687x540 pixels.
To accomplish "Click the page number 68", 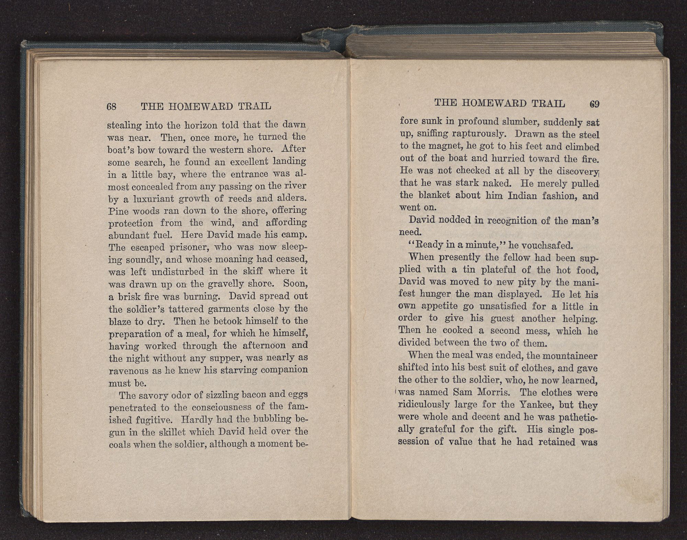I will click(112, 106).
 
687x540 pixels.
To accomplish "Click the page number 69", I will click(594, 104).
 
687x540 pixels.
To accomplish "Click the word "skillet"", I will click(166, 432).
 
